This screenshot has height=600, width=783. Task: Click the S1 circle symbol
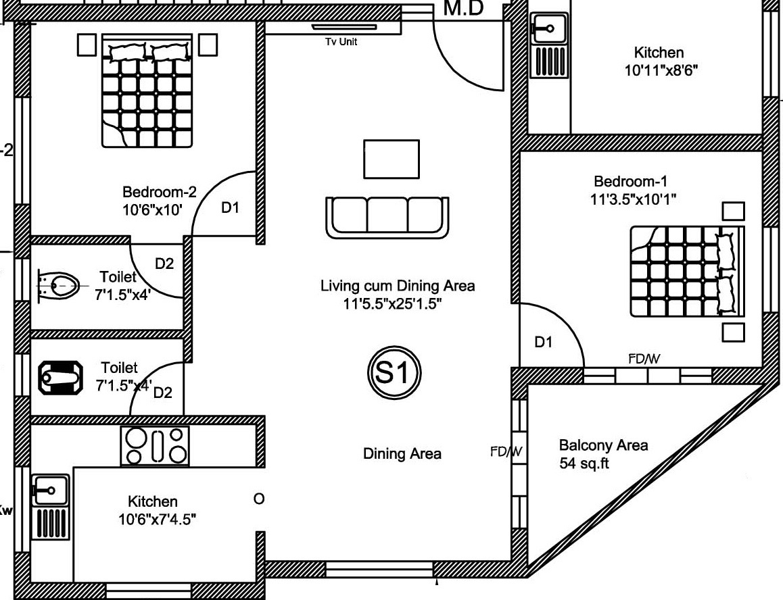pyautogui.click(x=394, y=372)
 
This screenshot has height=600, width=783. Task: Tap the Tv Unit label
pyautogui.click(x=341, y=42)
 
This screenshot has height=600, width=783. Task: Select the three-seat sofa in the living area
pyautogui.click(x=387, y=218)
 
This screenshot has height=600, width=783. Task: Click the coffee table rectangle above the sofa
pyautogui.click(x=391, y=159)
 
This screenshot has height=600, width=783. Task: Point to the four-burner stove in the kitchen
pyautogui.click(x=155, y=446)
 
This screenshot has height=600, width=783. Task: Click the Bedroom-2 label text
pyautogui.click(x=160, y=192)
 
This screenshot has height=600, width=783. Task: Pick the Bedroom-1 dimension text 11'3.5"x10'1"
pyautogui.click(x=633, y=200)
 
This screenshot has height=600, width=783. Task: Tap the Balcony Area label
pyautogui.click(x=604, y=445)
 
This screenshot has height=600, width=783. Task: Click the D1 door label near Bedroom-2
pyautogui.click(x=230, y=207)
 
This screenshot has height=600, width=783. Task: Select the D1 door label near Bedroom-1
pyautogui.click(x=544, y=342)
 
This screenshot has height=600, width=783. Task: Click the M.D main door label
pyautogui.click(x=464, y=8)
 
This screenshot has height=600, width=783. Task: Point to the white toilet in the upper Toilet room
pyautogui.click(x=58, y=286)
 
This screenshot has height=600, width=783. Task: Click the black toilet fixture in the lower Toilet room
pyautogui.click(x=60, y=378)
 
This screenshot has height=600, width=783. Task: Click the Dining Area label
pyautogui.click(x=402, y=454)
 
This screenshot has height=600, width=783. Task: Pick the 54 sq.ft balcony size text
pyautogui.click(x=584, y=464)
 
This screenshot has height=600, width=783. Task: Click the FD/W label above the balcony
pyautogui.click(x=644, y=358)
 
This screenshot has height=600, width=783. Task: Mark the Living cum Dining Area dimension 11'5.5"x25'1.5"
pyautogui.click(x=392, y=303)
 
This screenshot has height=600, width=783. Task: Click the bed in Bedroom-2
pyautogui.click(x=147, y=91)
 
